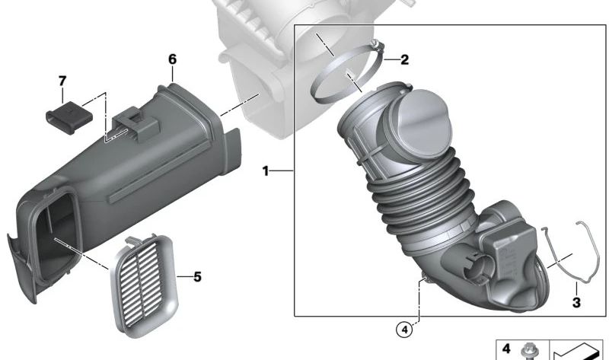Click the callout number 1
pos(266,172)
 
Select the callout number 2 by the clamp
pos(405,59)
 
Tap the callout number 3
pos(576,303)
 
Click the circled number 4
pos(403,330)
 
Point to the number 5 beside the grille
pos(197,276)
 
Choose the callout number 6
pos(172,59)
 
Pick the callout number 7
pos(62,80)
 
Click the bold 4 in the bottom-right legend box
pos(505,349)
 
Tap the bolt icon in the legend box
pos(526,351)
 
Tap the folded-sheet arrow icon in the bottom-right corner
pos(579,350)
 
